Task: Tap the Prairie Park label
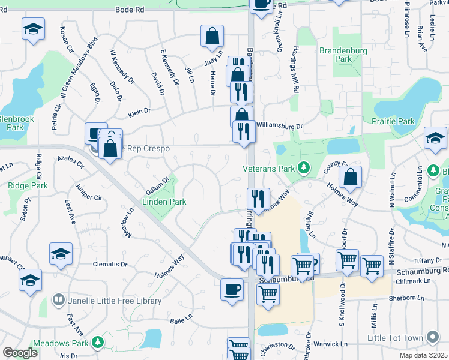(398, 121)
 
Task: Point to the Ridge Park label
(28, 186)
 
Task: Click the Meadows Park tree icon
(98, 343)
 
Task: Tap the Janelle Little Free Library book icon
(58, 301)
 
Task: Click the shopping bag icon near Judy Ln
(212, 37)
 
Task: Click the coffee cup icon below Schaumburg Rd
(231, 291)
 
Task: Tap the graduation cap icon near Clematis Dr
(61, 254)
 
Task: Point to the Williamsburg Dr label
(280, 126)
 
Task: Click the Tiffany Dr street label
(427, 260)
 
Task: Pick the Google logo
(20, 353)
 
